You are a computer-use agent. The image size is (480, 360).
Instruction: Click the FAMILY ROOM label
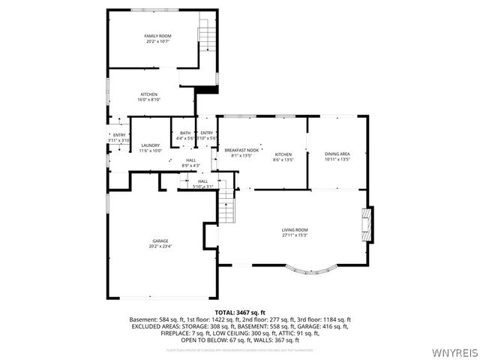click(x=157, y=36)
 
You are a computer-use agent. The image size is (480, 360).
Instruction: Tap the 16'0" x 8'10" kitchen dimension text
click(x=149, y=100)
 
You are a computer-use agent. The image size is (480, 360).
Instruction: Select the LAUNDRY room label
click(x=151, y=145)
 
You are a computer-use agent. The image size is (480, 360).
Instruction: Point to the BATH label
click(x=184, y=133)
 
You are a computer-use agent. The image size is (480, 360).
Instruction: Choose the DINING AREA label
click(x=337, y=154)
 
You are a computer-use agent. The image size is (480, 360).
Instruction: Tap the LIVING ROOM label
click(x=295, y=229)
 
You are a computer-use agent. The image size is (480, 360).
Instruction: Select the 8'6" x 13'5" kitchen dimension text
click(x=283, y=160)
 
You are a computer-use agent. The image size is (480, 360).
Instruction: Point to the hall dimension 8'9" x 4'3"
click(x=190, y=165)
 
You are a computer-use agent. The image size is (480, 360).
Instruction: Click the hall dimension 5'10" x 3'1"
click(x=202, y=186)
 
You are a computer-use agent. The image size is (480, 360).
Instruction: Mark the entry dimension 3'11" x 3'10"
click(x=118, y=140)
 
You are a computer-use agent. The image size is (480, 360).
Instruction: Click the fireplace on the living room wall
click(x=366, y=225)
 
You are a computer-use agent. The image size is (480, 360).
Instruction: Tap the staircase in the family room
click(x=205, y=34)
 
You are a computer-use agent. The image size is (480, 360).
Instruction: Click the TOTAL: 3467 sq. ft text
click(x=240, y=312)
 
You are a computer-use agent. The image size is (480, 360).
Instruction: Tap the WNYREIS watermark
click(x=454, y=352)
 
